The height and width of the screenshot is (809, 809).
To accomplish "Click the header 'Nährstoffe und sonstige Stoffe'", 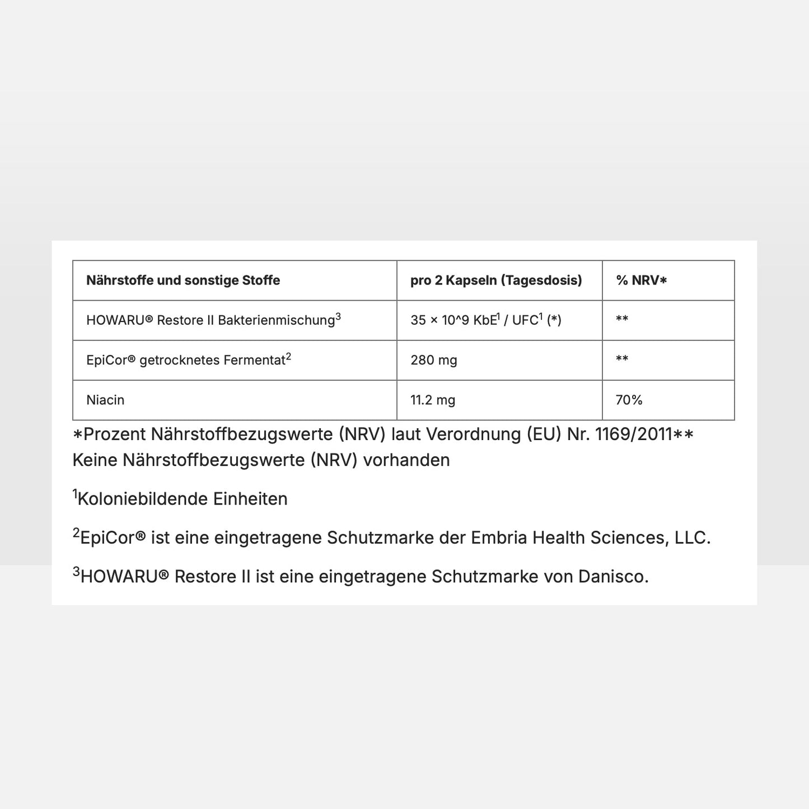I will click(183, 280).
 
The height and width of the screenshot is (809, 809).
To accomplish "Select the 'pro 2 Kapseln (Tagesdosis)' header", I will click(496, 280).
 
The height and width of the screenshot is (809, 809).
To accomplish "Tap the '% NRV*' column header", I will click(642, 280).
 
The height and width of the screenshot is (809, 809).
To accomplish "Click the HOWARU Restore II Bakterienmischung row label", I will click(213, 320).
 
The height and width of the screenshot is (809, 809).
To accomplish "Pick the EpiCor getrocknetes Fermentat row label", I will click(188, 360).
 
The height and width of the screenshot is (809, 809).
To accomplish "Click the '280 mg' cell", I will click(434, 360).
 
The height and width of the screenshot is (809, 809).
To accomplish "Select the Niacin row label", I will click(105, 400).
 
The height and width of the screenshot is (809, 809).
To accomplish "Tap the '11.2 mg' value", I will click(433, 400).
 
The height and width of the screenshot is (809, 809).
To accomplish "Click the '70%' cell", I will click(629, 400).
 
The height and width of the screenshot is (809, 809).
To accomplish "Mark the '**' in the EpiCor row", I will click(622, 359).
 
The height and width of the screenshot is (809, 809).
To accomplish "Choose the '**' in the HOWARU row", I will click(622, 320).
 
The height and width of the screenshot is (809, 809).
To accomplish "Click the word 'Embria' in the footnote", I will click(499, 537).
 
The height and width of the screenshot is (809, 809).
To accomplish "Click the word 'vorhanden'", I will click(406, 460).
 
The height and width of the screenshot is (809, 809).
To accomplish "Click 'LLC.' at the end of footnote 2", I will click(692, 537).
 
